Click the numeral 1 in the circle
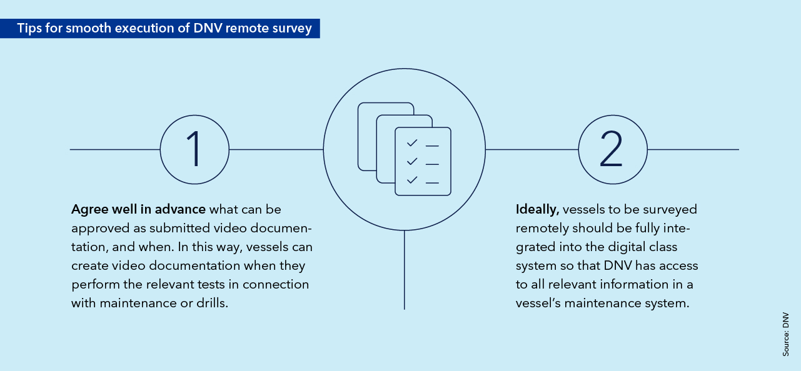click(195, 149)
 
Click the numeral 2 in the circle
click(611, 149)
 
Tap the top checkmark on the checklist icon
click(411, 144)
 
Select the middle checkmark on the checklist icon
click(411, 162)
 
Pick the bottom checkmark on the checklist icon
click(411, 181)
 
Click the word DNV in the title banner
click(199, 29)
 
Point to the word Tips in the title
click(29, 29)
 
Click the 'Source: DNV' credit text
click(786, 334)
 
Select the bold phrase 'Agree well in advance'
click(139, 209)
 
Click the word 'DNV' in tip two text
click(618, 265)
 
